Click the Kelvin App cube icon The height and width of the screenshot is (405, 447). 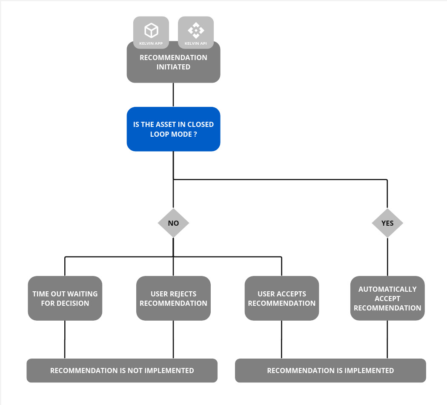click(x=151, y=30)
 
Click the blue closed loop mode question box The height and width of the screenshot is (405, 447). click(x=173, y=129)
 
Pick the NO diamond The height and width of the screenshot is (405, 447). click(x=173, y=223)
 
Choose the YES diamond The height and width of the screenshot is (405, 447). click(x=387, y=223)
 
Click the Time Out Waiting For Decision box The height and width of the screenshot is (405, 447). click(x=65, y=298)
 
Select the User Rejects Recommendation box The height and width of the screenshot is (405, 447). click(x=173, y=298)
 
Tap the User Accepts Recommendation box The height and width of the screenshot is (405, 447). click(x=281, y=298)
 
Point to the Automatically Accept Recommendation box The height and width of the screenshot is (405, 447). click(x=387, y=298)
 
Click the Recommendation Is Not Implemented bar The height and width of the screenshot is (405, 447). click(x=122, y=371)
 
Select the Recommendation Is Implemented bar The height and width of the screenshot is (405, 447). click(x=330, y=371)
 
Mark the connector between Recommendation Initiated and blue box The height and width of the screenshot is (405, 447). click(x=173, y=95)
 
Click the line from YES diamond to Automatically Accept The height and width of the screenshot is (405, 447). click(x=387, y=257)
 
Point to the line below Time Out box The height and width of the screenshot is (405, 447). click(x=65, y=339)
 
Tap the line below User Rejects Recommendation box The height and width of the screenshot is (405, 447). click(x=173, y=339)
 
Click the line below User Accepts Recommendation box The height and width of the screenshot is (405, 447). click(x=281, y=339)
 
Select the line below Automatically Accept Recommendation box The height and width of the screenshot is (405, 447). click(x=387, y=339)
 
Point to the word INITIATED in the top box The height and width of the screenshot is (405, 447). click(x=173, y=67)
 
